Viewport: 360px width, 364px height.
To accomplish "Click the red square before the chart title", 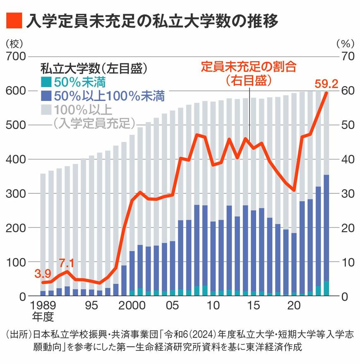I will pos(13,20).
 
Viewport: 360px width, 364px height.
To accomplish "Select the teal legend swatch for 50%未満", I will pos(46,82).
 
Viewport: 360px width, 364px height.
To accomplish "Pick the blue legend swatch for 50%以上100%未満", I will pos(46,96).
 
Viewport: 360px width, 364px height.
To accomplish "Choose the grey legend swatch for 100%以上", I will pos(46,110).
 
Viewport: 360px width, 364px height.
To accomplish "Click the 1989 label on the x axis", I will pos(43,307).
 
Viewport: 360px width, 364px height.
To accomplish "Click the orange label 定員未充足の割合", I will pos(249,67).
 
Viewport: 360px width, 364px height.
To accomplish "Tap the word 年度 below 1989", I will pos(43,318).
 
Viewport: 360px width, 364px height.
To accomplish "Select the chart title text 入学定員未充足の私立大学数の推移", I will pos(151,20).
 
